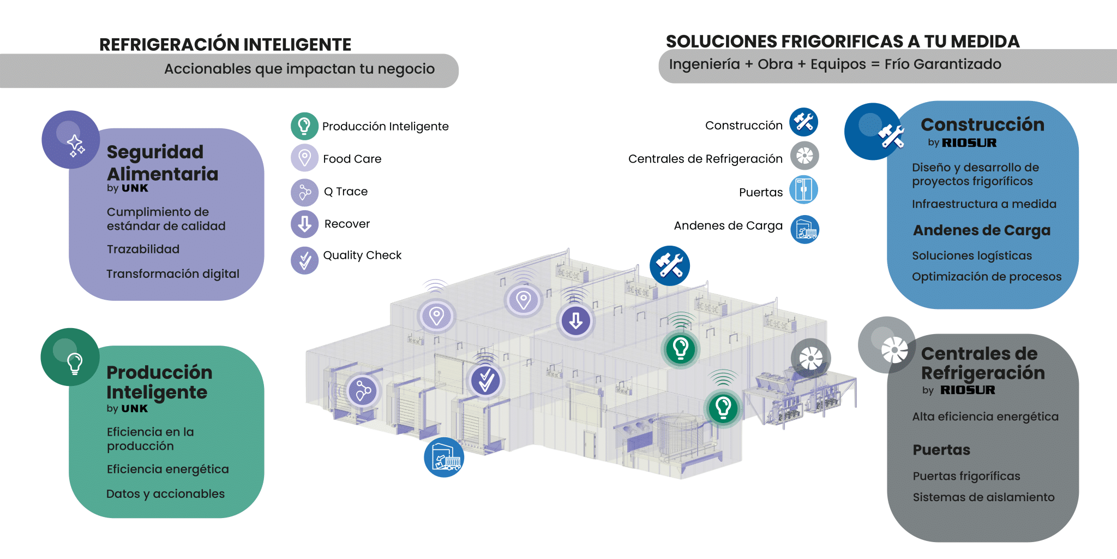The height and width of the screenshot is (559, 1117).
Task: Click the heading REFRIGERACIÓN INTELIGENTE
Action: (x=225, y=45)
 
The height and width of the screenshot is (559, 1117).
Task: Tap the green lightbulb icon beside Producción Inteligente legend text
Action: (x=304, y=126)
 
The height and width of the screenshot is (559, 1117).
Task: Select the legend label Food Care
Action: (x=352, y=159)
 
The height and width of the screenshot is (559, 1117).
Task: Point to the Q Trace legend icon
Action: (x=304, y=192)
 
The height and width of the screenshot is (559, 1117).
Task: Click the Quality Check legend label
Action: (x=362, y=255)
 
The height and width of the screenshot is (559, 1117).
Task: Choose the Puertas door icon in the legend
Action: (x=804, y=190)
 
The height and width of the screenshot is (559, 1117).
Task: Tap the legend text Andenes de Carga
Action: (x=728, y=226)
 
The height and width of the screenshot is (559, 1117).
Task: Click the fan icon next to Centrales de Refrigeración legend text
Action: (x=804, y=156)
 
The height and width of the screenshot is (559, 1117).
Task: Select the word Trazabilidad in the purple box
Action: (x=143, y=249)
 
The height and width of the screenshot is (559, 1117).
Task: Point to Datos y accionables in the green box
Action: (x=165, y=494)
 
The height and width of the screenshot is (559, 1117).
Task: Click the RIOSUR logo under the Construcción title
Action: (x=969, y=143)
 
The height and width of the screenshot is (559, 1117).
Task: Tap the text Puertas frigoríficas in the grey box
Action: (x=966, y=476)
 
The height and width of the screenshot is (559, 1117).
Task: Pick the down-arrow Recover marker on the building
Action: (x=576, y=320)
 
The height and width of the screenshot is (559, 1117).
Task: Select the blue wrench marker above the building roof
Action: (x=670, y=266)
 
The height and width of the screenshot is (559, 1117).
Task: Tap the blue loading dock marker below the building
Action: (x=444, y=457)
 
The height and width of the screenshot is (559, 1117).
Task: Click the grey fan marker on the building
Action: (x=810, y=358)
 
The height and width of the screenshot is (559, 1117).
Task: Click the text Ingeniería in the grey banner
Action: (x=704, y=64)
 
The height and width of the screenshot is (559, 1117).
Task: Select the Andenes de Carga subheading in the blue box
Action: (x=982, y=230)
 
